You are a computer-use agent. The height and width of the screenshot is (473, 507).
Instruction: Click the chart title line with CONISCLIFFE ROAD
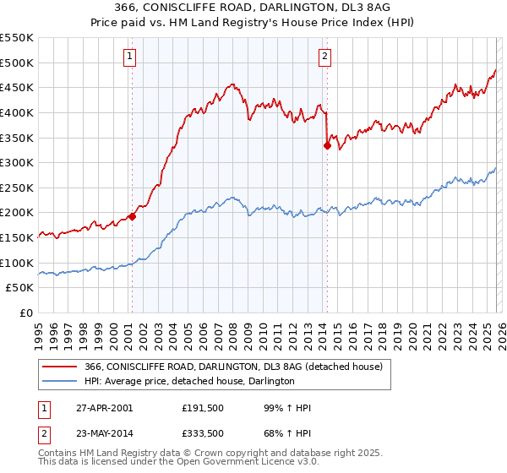253,9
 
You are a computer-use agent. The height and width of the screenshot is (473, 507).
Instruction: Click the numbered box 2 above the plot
325,57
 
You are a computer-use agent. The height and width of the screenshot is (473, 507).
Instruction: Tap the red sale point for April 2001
133,216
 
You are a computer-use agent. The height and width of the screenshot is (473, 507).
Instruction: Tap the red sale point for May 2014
327,145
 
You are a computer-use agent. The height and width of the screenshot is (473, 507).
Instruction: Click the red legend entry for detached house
233,367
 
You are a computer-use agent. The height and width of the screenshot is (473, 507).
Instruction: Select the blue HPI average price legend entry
189,382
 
